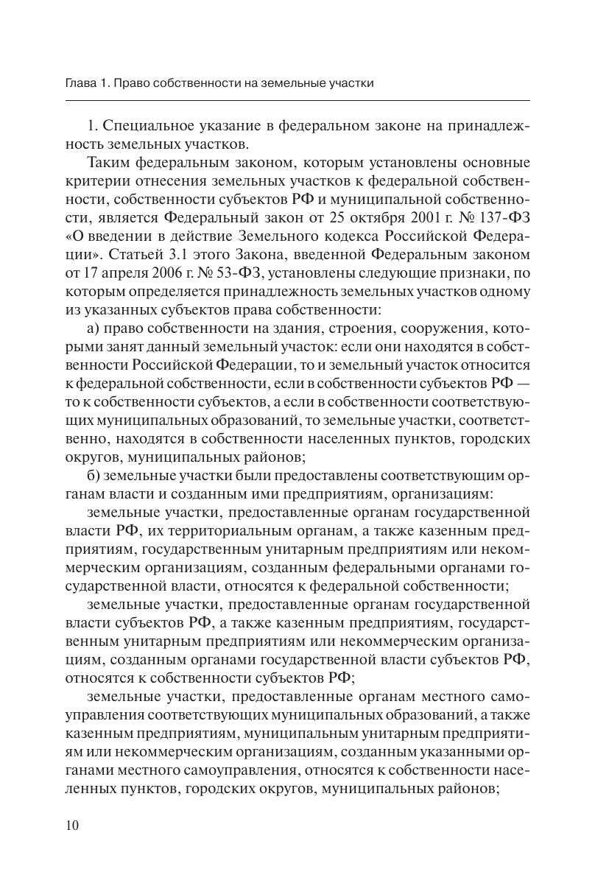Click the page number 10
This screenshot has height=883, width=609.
(71, 825)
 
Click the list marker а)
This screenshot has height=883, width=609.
(93, 328)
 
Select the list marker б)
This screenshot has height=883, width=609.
(94, 475)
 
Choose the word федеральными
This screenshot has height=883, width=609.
(420, 567)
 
